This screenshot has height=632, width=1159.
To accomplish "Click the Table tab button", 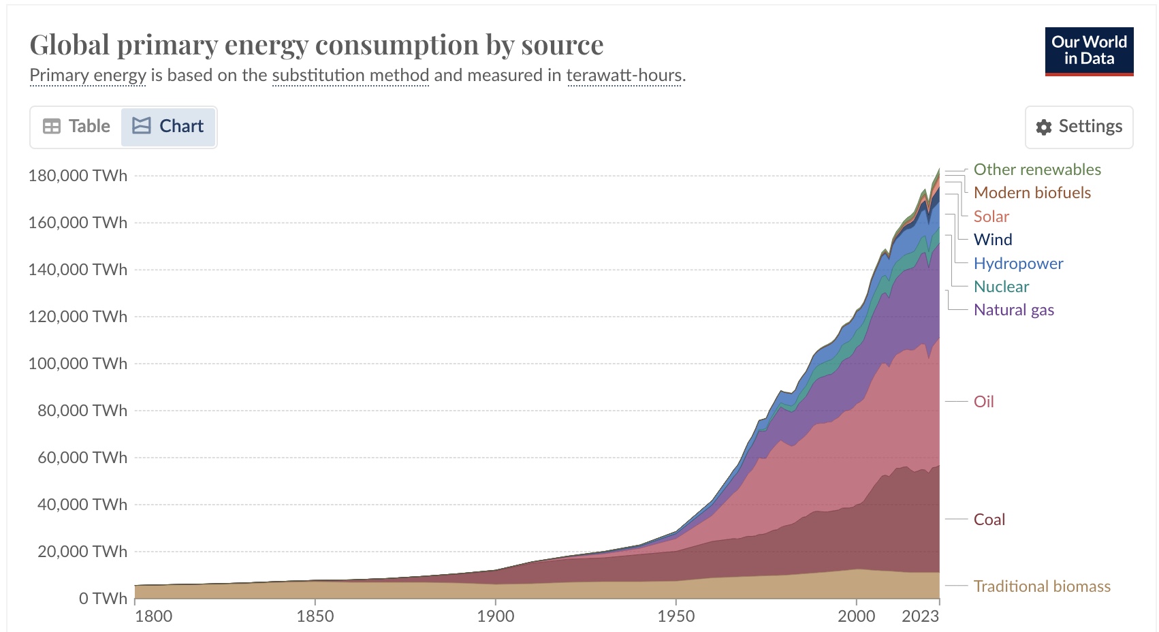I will [76, 127].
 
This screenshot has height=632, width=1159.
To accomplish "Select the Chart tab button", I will [168, 127].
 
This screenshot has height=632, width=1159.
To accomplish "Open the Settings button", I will [1079, 127].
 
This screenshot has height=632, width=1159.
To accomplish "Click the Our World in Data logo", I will [1089, 51].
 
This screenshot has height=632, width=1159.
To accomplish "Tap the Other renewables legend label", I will [1036, 170].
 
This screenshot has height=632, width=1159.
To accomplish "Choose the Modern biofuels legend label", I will [1032, 193].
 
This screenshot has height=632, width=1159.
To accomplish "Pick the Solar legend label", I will [991, 217].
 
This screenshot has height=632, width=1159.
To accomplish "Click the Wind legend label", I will [992, 240].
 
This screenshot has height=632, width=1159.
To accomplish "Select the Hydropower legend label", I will [1018, 264].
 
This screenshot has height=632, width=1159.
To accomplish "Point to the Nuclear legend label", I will [1001, 287].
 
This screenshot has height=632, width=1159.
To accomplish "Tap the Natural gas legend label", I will [1013, 310].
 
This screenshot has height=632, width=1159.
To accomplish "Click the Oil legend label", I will [983, 402].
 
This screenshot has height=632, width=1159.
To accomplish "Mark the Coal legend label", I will [989, 520].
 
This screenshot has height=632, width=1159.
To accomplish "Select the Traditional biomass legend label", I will [1041, 586].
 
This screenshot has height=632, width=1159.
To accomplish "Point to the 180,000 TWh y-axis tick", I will [78, 176].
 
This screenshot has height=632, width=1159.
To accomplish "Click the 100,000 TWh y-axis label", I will [78, 364].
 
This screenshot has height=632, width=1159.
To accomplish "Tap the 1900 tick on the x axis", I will [495, 616].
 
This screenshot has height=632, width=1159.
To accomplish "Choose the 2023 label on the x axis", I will [920, 616].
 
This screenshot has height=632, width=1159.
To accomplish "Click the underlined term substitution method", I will [350, 75].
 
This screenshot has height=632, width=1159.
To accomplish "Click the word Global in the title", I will [69, 45].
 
